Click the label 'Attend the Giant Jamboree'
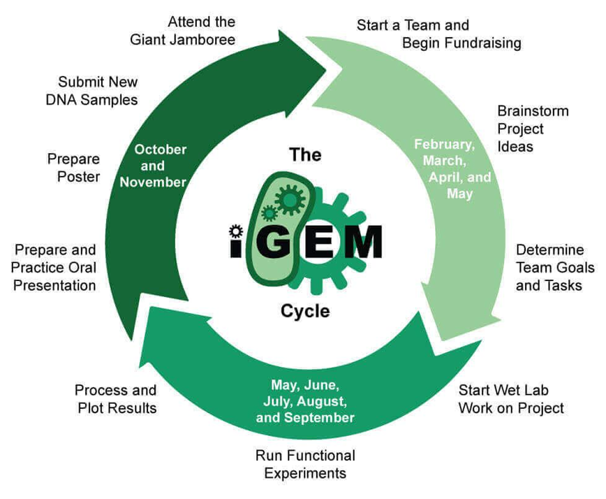pos(183,31)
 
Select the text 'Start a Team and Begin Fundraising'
pos(439,34)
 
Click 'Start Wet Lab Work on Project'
pos(511,399)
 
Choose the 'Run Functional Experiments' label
pos(305,464)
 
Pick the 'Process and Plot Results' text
pos(115,399)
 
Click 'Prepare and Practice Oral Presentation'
pos(55,267)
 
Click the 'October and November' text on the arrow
pos(161,166)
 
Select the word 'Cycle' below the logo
pos(304,310)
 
